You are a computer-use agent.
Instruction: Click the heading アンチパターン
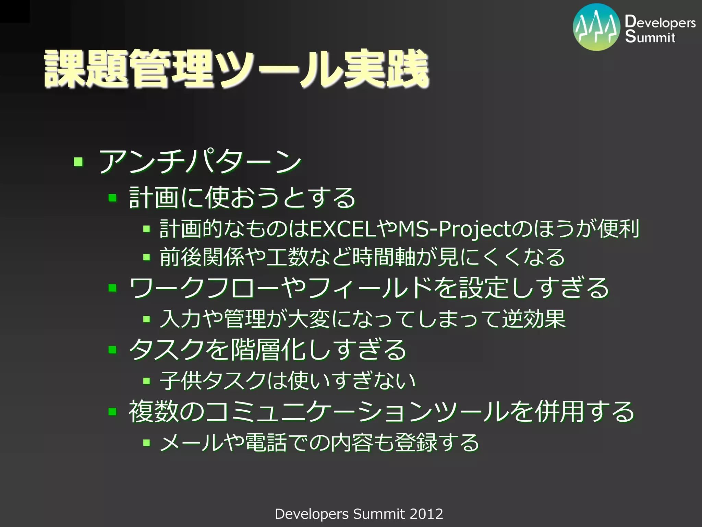coord(200,161)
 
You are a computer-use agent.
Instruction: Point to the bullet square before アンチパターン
coord(78,161)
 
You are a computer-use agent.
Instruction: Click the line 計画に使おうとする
coord(242,198)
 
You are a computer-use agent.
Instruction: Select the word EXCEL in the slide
coord(343,229)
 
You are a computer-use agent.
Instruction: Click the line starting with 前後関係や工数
coord(362,257)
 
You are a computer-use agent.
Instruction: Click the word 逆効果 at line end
coord(534,319)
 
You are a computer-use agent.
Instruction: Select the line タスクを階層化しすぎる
coord(267,350)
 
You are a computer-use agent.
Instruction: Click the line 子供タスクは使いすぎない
coord(287,380)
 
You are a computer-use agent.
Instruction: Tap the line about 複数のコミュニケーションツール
coord(381,411)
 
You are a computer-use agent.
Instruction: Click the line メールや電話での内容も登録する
coord(319,443)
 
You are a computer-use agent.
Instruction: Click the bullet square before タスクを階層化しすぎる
coord(112,350)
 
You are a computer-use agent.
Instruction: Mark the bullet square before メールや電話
coord(147,443)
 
